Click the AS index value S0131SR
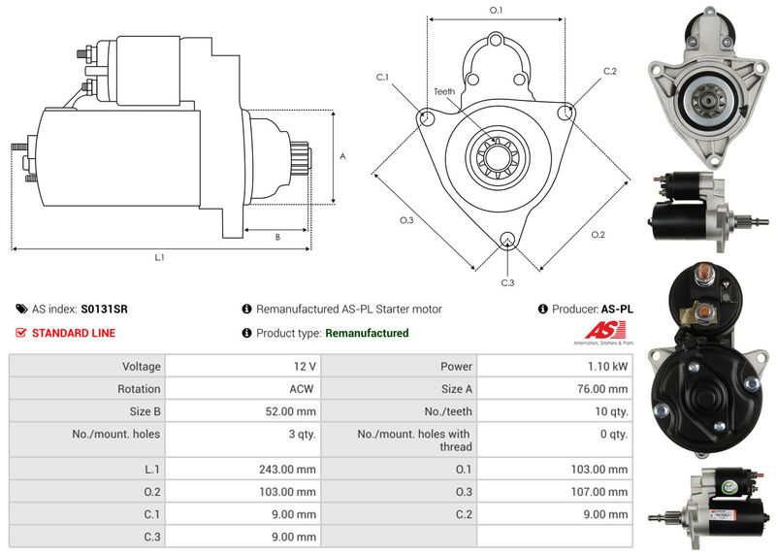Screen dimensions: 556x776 (104, 310)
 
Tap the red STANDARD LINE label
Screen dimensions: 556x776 (74, 333)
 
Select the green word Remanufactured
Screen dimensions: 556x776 (367, 333)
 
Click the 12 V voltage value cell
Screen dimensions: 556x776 (303, 367)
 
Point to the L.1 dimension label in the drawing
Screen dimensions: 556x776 (160, 258)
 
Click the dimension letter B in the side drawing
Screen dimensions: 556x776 (277, 237)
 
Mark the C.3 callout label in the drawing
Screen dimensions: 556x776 (506, 282)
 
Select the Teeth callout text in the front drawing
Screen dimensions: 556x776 (444, 92)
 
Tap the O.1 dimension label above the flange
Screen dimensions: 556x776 (496, 11)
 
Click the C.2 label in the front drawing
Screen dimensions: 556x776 (610, 72)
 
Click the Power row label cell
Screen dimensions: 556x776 (456, 367)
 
